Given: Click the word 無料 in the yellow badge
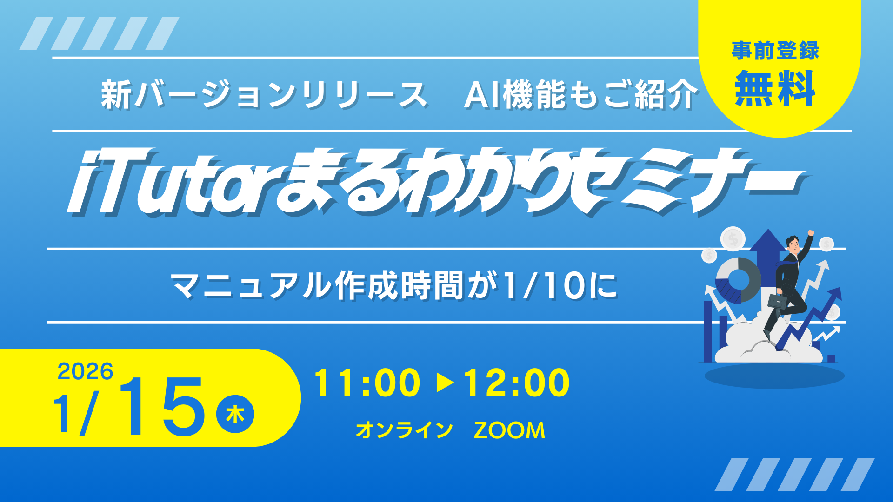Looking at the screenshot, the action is [775, 88].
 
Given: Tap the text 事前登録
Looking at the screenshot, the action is [775, 51].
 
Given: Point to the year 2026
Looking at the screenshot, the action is [85, 371].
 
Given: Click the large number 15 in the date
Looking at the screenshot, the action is [161, 407].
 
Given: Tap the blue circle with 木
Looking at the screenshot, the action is [235, 414].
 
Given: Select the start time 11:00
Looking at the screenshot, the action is [367, 383].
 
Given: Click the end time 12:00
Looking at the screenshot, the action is [517, 383].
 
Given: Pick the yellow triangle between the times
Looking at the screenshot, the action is [445, 383].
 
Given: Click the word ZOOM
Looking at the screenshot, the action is [509, 430].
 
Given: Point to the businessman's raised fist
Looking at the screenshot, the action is [811, 233].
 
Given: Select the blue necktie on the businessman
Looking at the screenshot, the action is [786, 264].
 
